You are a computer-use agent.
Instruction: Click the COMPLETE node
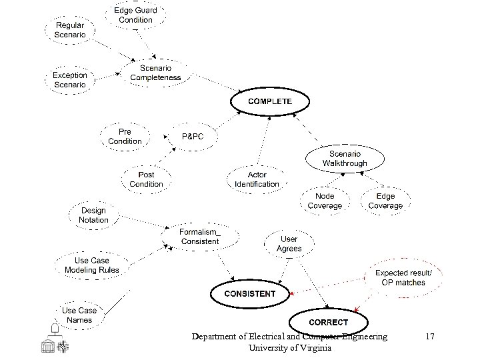click(x=270, y=101)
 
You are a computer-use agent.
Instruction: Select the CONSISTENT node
click(x=250, y=293)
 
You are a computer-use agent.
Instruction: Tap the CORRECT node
click(x=328, y=323)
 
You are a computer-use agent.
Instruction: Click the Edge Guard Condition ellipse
click(x=135, y=15)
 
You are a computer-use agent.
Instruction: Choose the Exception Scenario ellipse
click(x=70, y=80)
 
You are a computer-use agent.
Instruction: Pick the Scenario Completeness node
click(x=155, y=73)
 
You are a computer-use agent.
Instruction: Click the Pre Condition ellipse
click(x=125, y=137)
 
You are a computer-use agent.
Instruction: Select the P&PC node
click(x=193, y=136)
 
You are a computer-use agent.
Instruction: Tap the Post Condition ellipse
click(x=146, y=179)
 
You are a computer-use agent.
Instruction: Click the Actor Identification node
click(x=257, y=179)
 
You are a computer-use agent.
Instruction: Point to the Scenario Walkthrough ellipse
click(x=345, y=159)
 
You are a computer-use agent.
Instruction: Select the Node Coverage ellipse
click(x=325, y=201)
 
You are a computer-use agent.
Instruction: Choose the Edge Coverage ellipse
click(x=385, y=201)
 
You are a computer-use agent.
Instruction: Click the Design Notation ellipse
click(x=93, y=215)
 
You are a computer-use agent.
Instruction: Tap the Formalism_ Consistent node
click(x=199, y=237)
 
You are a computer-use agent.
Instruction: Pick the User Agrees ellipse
click(x=289, y=244)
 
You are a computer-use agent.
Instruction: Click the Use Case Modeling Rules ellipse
click(x=92, y=265)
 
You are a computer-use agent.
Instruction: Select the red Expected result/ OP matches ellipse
click(x=403, y=277)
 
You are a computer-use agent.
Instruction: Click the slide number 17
click(x=430, y=337)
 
